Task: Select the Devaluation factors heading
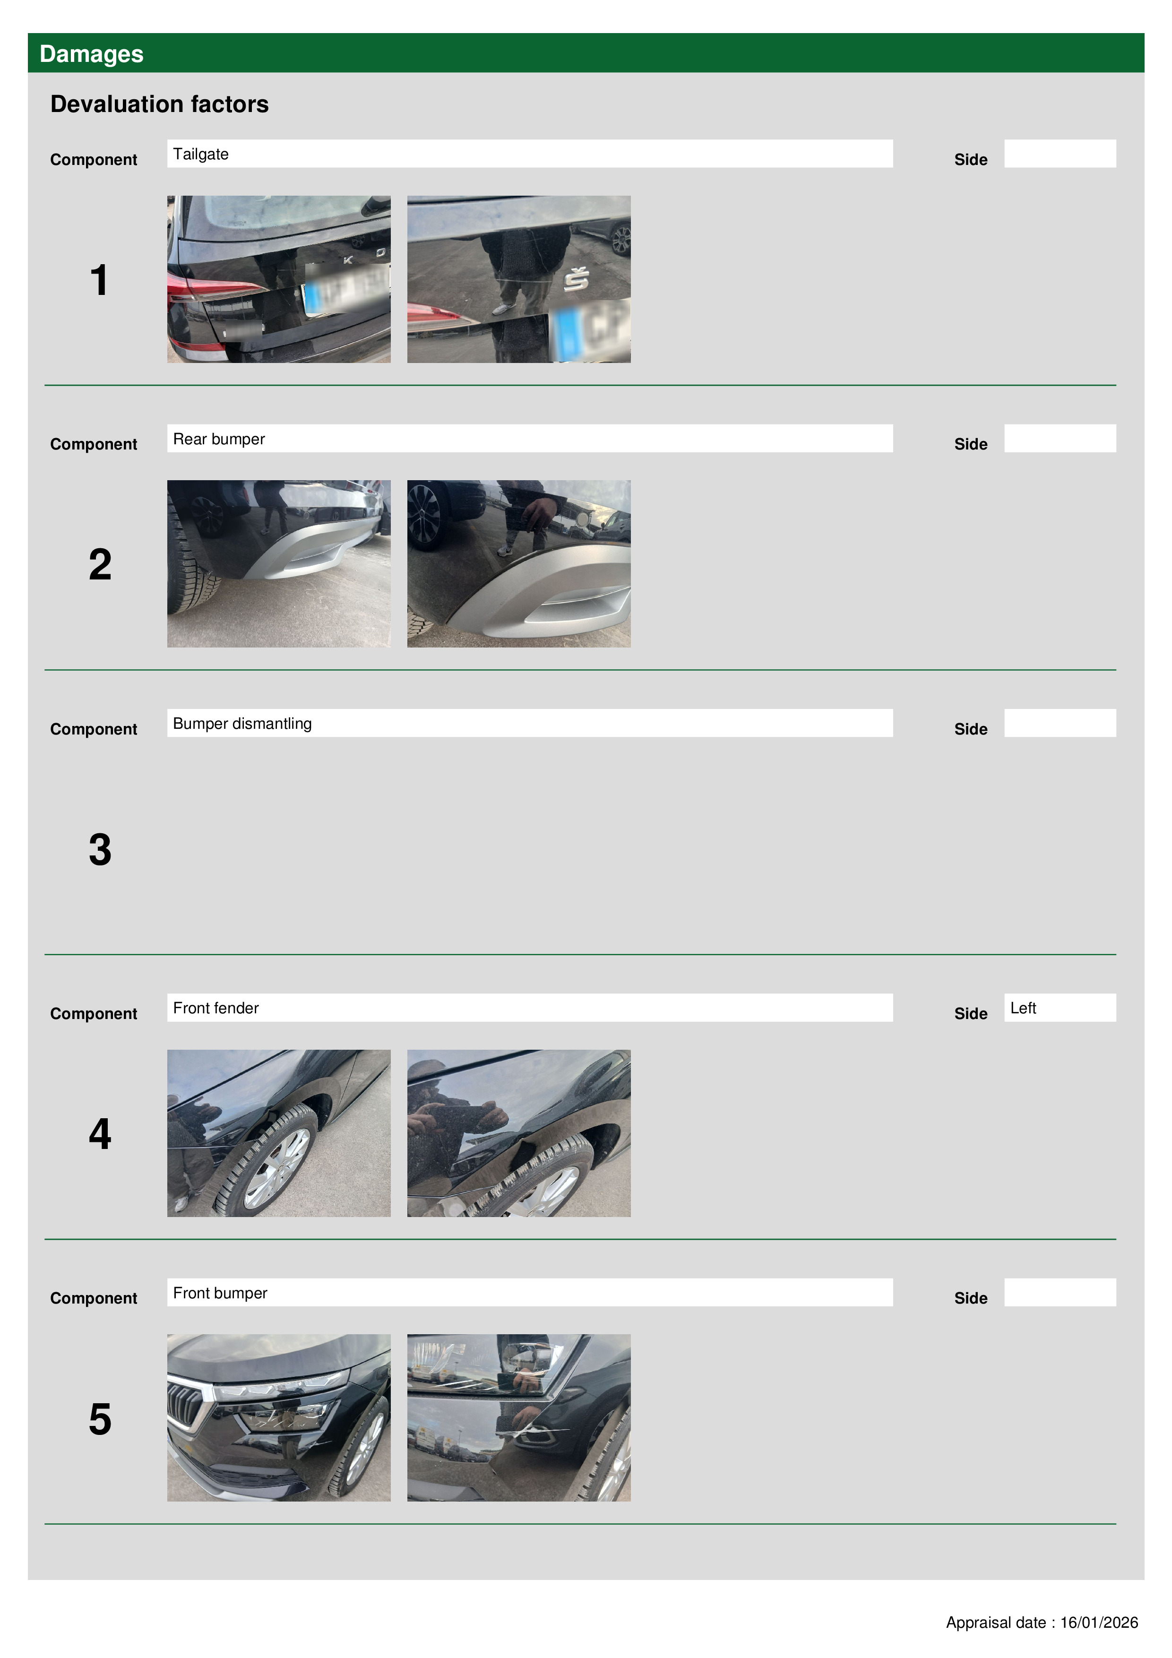(160, 104)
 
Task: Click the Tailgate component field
(530, 154)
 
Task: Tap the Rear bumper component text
(219, 439)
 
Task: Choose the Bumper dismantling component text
(242, 724)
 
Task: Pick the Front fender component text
(216, 1008)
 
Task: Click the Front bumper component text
(220, 1293)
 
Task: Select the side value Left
(1023, 1008)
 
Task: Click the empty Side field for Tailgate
(1060, 154)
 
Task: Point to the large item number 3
(100, 849)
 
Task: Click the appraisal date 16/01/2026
(1099, 1623)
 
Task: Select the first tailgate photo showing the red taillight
(279, 279)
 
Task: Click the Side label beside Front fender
(971, 1014)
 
